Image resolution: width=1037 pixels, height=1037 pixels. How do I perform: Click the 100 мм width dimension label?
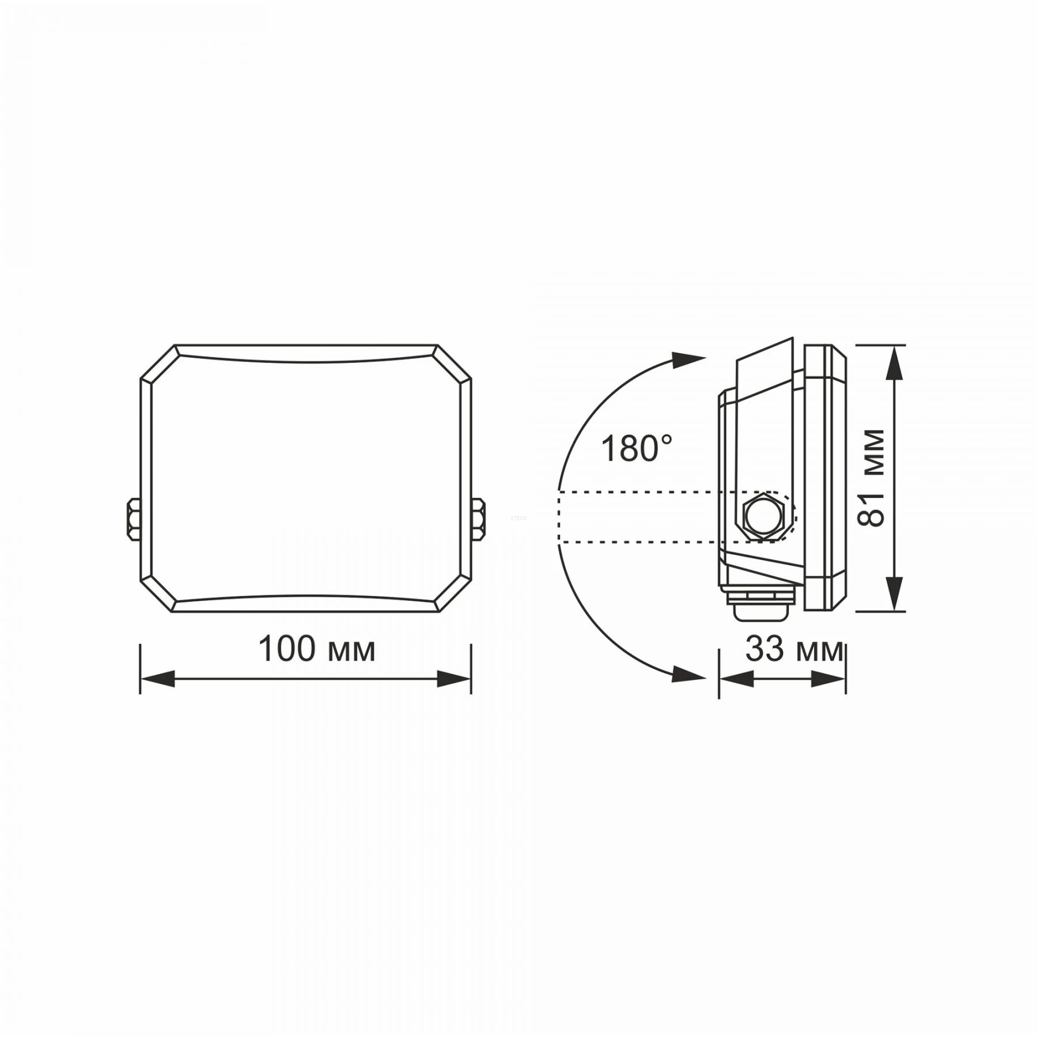pos(317,649)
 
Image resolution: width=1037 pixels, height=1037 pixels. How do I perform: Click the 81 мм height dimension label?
pos(871,478)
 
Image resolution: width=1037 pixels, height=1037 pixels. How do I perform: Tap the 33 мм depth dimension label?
pos(794,649)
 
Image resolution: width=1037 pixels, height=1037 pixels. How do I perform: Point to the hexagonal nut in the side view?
pos(764,516)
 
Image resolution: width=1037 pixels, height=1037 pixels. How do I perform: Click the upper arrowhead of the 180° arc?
pos(690,360)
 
